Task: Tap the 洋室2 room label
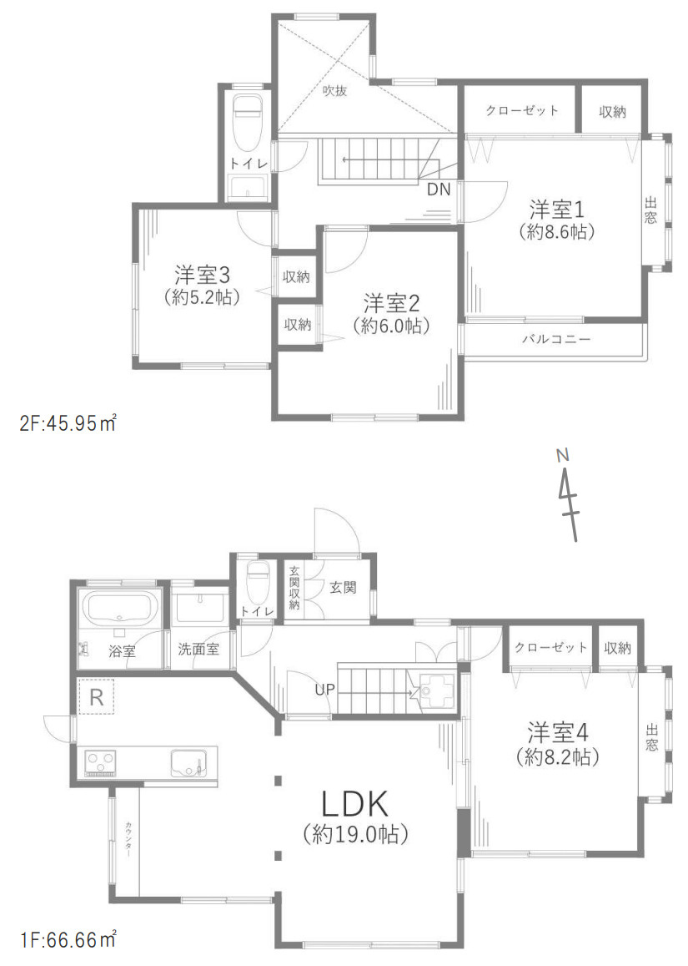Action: [x=391, y=301]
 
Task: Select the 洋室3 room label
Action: [x=203, y=274]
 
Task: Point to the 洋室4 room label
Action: [x=559, y=733]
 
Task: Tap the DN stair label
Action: [x=439, y=190]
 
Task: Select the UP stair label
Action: [x=326, y=690]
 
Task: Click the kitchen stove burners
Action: [x=101, y=762]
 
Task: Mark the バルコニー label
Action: [x=556, y=340]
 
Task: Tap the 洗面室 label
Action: [x=198, y=649]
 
